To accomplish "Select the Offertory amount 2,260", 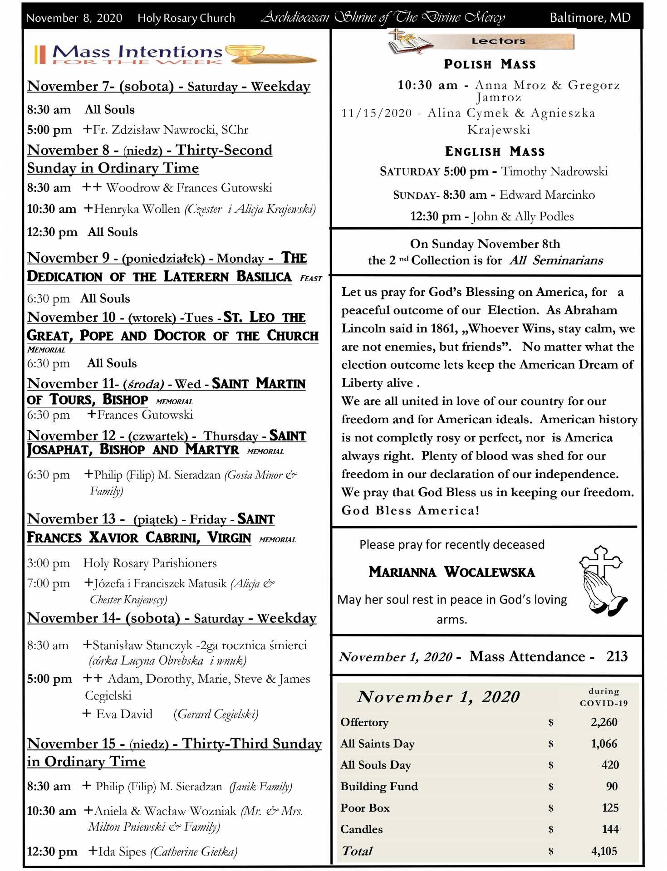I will coord(603,722).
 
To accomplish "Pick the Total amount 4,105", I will coord(604,851).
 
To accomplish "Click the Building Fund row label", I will coord(379,786).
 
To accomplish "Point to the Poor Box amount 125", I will coord(610,808).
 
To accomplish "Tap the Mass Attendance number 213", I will coord(617,656).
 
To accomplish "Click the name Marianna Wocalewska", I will coord(451,572).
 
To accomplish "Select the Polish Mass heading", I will coord(490,64).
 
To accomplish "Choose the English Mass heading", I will coord(495,151).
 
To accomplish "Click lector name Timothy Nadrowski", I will coord(554,171).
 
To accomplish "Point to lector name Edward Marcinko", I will coord(547,195).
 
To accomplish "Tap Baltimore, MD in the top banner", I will coord(590,18).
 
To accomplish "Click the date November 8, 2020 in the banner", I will coord(74,18).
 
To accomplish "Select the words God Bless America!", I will coord(410,510).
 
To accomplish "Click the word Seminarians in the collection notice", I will coord(567,260).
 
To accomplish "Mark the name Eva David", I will coord(124,714).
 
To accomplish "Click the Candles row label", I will coord(361,829).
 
